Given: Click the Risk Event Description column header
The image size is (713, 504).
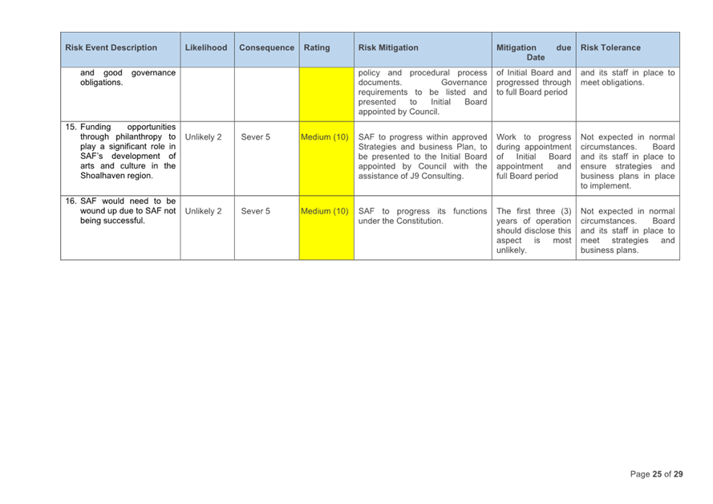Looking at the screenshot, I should (x=111, y=48).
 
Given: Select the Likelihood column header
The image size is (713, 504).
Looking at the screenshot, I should (x=205, y=48).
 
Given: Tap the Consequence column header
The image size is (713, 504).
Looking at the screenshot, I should (x=266, y=48).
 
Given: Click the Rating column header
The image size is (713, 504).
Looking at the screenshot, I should (x=317, y=48).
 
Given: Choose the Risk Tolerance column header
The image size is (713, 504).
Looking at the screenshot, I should (x=610, y=48).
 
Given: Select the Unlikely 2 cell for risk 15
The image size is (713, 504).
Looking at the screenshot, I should (x=203, y=137).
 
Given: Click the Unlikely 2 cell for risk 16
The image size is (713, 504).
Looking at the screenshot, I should (x=203, y=212).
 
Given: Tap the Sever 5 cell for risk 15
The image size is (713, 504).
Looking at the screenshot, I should (x=256, y=137).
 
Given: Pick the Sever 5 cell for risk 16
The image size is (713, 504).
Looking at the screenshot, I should (x=256, y=212).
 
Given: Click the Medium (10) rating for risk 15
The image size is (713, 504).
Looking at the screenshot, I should (x=325, y=136).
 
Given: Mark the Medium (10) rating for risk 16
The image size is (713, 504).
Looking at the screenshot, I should (x=325, y=212).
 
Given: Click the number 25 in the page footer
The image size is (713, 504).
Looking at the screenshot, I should (x=658, y=474).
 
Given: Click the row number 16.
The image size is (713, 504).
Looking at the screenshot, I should (x=71, y=201).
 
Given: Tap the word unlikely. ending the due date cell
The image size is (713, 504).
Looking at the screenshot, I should (x=512, y=250).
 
